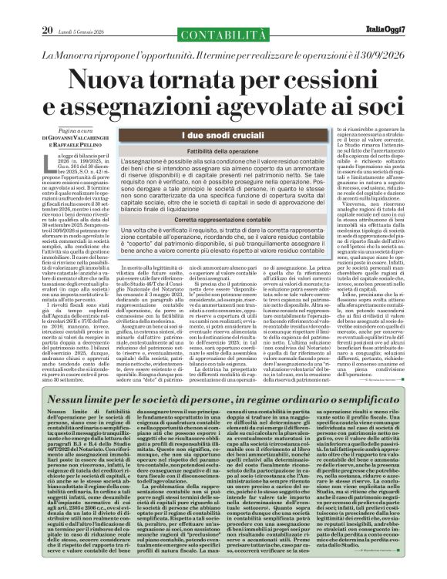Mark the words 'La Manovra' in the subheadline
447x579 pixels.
coord(72,56)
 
